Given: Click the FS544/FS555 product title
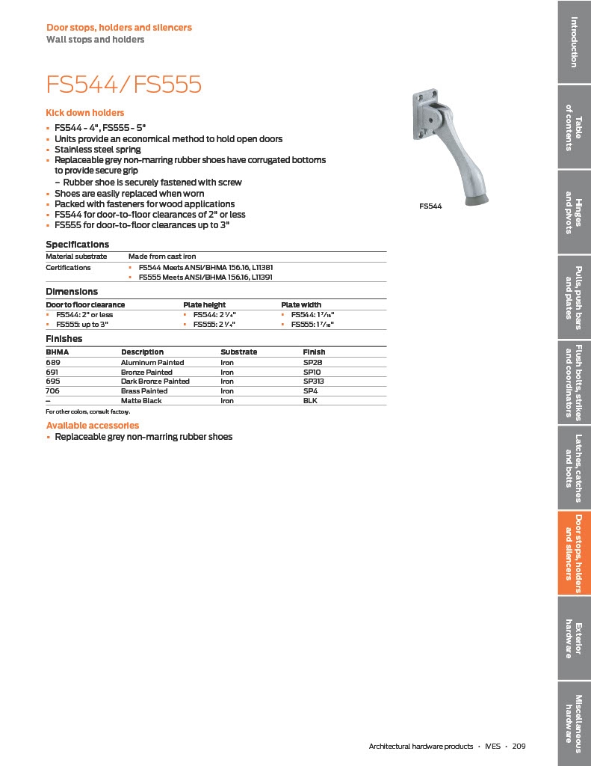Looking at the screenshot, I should (124, 84).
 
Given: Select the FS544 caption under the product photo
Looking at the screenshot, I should (430, 206).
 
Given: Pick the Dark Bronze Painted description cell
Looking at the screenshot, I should (155, 382).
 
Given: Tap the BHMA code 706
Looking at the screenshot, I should (52, 391).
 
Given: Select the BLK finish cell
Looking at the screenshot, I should (310, 401).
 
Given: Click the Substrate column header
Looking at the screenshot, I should (238, 352).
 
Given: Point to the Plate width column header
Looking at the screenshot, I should (301, 304).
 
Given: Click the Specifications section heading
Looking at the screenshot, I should (78, 245).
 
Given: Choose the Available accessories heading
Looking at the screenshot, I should (93, 426).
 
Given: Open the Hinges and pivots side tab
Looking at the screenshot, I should (574, 212).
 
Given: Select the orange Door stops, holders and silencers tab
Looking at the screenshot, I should (574, 554).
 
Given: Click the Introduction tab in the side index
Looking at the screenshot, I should (574, 42).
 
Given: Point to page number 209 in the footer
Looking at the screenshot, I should (519, 747).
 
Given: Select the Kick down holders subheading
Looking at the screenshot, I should (85, 113).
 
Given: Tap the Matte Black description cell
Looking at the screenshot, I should (141, 401).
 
